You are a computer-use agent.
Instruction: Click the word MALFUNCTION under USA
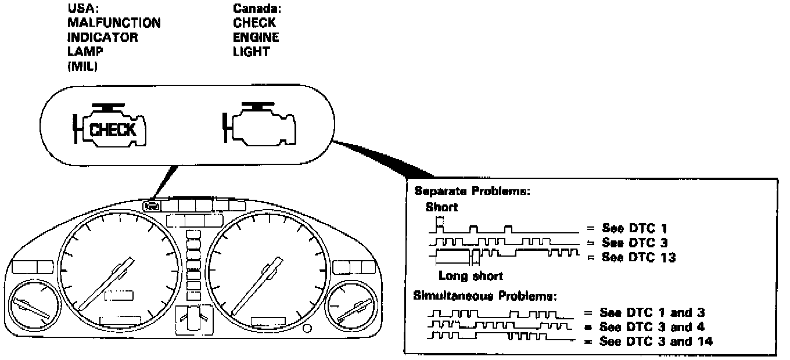pos(114,23)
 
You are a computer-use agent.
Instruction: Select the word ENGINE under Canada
pos(256,38)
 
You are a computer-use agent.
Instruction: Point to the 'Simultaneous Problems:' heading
pos(484,296)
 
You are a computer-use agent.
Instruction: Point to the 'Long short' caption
pos(471,276)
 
